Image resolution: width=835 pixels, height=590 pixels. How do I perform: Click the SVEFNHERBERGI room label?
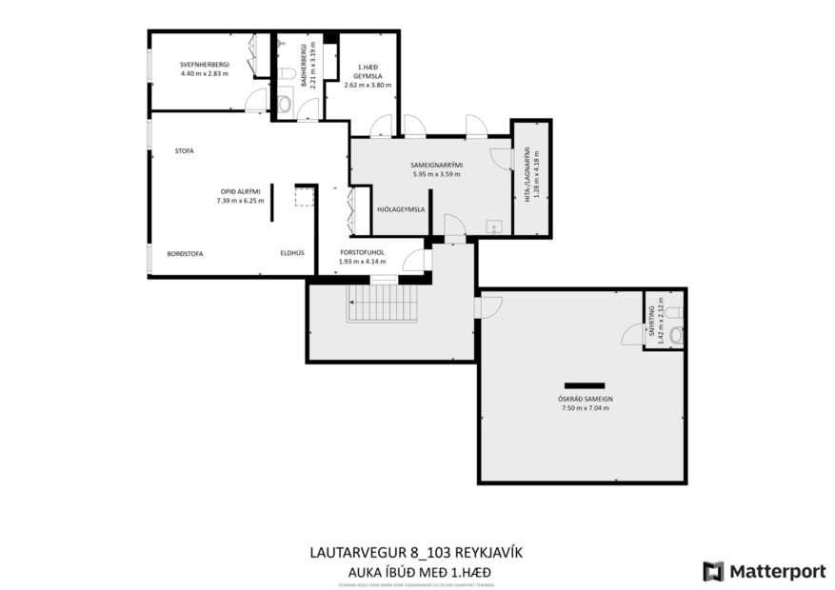coord(204,65)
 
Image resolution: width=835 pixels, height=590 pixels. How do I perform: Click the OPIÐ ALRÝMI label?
coord(238,191)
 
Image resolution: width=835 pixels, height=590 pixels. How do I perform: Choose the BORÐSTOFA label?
coord(185,253)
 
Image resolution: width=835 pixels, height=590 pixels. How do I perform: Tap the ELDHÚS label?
coord(291,253)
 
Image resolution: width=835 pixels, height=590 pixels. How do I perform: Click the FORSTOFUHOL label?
coord(362,252)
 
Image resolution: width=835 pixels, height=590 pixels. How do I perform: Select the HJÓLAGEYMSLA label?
coord(401,208)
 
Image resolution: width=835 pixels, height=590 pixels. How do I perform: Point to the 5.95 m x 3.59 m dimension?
coord(436,174)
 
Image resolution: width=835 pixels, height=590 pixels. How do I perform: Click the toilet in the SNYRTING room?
coord(676,334)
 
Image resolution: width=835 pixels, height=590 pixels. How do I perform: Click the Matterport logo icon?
coord(713,571)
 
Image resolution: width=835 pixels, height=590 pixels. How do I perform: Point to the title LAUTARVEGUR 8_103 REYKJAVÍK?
coord(417,552)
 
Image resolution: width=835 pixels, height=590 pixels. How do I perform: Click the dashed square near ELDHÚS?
coord(305,196)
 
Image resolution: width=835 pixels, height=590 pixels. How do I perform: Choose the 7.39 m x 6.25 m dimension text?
coord(238,201)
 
